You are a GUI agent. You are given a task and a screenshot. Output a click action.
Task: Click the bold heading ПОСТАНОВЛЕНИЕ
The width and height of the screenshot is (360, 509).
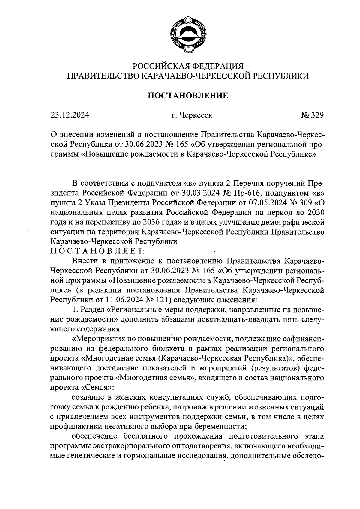pos(189,96)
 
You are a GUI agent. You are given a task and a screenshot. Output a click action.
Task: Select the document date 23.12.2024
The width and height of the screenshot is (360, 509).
pos(70,115)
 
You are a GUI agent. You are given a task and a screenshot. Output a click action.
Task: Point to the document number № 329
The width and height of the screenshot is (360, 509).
pos(312,115)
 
